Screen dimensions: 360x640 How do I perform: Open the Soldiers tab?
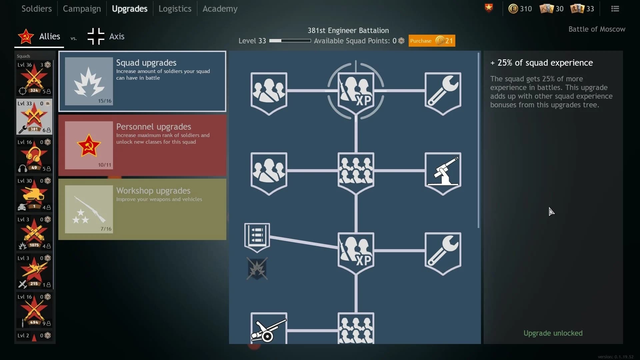pyautogui.click(x=36, y=9)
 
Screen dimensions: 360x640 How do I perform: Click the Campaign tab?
pyautogui.click(x=82, y=9)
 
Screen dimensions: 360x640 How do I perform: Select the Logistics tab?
pyautogui.click(x=175, y=9)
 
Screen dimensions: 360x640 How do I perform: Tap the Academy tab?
pyautogui.click(x=220, y=9)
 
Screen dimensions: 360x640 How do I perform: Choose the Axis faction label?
pyautogui.click(x=117, y=36)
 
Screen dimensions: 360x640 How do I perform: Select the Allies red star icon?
pyautogui.click(x=26, y=36)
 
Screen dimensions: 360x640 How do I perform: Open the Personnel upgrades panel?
pyautogui.click(x=142, y=145)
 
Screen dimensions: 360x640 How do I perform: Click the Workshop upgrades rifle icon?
pyautogui.click(x=89, y=209)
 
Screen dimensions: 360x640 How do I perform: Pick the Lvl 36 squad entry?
pyautogui.click(x=34, y=78)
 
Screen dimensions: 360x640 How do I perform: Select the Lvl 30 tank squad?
pyautogui.click(x=34, y=194)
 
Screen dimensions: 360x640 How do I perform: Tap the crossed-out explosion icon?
pyautogui.click(x=257, y=268)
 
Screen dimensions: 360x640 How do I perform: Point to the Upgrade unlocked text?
pyautogui.click(x=553, y=333)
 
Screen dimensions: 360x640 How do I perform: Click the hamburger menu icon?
pyautogui.click(x=615, y=9)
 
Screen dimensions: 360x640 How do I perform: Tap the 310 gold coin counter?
pyautogui.click(x=520, y=9)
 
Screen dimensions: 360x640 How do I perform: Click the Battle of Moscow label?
pyautogui.click(x=597, y=29)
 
